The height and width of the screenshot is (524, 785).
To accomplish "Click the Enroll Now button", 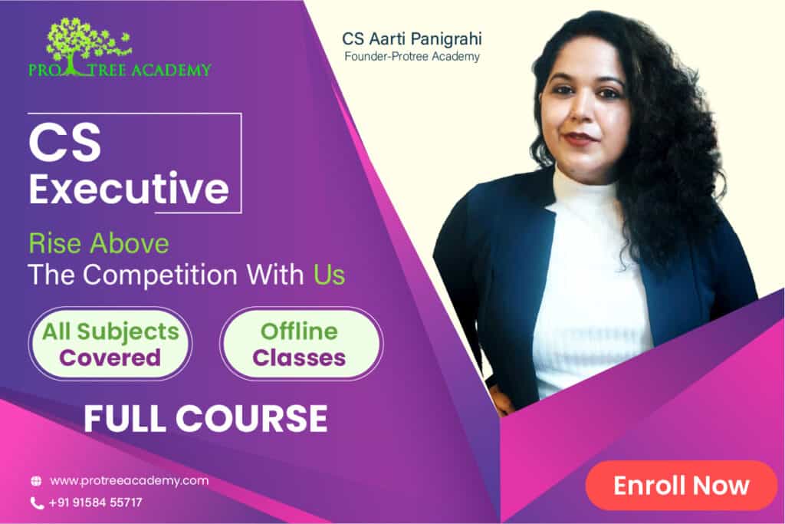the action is click(681, 486).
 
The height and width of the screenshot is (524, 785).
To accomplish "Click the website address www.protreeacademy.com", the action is click(129, 481).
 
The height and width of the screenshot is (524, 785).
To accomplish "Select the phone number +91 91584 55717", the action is click(95, 503).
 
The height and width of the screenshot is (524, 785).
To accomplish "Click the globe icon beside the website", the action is click(36, 481).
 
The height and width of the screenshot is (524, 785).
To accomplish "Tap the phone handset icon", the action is click(37, 503).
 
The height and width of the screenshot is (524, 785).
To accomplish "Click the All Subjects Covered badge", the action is click(110, 344).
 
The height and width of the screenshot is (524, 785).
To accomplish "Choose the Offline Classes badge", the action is click(301, 344).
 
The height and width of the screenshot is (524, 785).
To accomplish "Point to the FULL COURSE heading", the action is click(205, 419).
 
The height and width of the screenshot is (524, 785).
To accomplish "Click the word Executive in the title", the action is click(129, 189).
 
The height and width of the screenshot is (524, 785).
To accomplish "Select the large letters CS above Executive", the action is click(65, 143).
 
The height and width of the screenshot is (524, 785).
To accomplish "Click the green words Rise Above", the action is click(99, 244).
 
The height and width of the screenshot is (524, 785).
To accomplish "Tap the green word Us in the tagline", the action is click(330, 275).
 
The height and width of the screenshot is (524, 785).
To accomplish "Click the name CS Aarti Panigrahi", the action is click(412, 38).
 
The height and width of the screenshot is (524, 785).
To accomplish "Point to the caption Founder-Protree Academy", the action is click(412, 57).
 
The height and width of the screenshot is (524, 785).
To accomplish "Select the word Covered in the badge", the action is click(110, 358).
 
